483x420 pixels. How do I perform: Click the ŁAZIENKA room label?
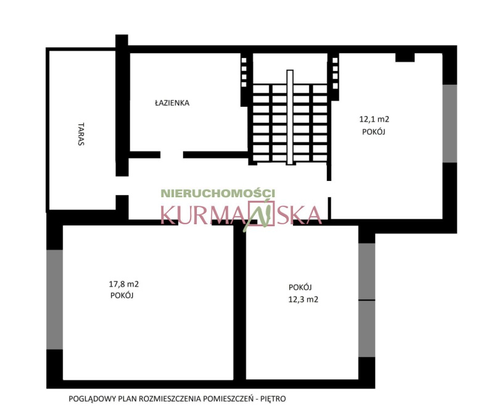(x=172, y=103)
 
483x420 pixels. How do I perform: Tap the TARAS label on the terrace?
(x=81, y=134)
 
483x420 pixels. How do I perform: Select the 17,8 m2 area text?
(x=124, y=284)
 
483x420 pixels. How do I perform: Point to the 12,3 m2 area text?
(x=303, y=300)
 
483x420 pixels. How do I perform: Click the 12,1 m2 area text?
(x=374, y=119)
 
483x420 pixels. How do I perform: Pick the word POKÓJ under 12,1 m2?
(x=374, y=132)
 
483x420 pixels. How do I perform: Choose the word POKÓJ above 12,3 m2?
(x=300, y=287)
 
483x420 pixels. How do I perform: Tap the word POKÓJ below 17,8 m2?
(x=122, y=295)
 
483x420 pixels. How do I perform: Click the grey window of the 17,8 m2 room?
(x=54, y=300)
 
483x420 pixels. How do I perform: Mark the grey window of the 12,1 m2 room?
(x=450, y=124)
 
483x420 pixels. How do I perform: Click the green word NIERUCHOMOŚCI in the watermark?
(x=218, y=193)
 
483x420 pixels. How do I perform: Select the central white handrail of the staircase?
(x=290, y=117)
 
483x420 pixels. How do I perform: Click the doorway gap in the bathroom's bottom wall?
(x=172, y=155)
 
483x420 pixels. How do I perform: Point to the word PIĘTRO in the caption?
(x=273, y=399)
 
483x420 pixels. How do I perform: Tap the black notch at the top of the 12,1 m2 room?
(x=405, y=57)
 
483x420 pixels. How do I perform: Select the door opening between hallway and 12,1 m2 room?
(x=329, y=189)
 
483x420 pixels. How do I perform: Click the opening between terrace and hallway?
(x=122, y=186)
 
